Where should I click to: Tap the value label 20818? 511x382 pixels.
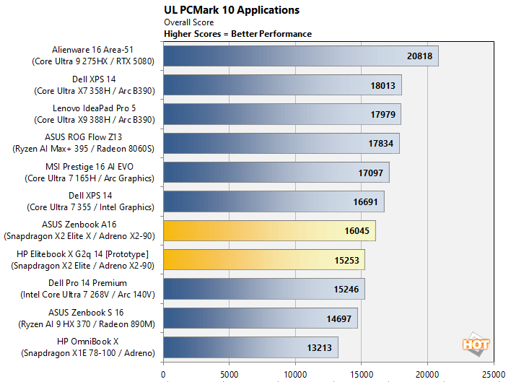[419, 56]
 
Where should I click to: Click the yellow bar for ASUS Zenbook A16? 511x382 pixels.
[269, 230]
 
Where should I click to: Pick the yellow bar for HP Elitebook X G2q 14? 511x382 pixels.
[264, 259]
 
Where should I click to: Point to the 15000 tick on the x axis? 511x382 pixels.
[362, 375]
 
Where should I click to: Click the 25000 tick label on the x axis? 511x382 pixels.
[494, 375]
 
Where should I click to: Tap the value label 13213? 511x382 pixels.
[319, 347]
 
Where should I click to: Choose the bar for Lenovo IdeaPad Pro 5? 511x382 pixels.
[282, 114]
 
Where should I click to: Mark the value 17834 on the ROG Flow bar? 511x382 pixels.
[380, 144]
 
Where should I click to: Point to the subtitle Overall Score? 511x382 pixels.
[189, 22]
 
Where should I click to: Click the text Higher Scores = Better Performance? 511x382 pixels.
[238, 34]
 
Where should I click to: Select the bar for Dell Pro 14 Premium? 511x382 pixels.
[264, 289]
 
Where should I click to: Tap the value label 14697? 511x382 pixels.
[339, 318]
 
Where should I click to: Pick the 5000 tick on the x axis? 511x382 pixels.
[230, 375]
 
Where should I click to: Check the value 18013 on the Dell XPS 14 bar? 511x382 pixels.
[383, 85]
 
